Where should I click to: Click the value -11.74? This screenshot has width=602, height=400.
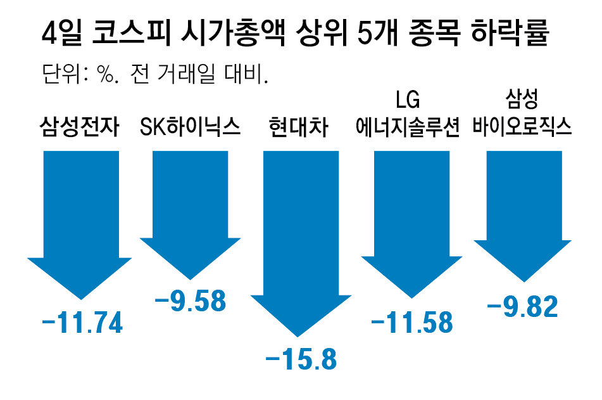81,323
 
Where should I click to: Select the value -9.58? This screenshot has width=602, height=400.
191,301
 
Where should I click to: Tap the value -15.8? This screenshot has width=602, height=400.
301,360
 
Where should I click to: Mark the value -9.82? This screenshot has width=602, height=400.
523,307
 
